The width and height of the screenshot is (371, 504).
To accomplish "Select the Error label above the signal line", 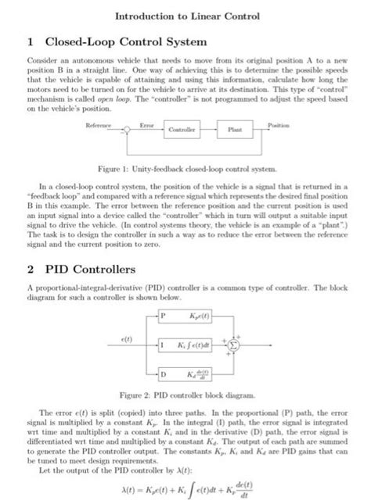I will pos(147,124).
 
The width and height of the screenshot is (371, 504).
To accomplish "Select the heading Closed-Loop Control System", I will pos(127,41).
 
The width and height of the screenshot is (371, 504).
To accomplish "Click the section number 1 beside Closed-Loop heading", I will pos(31,41).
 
